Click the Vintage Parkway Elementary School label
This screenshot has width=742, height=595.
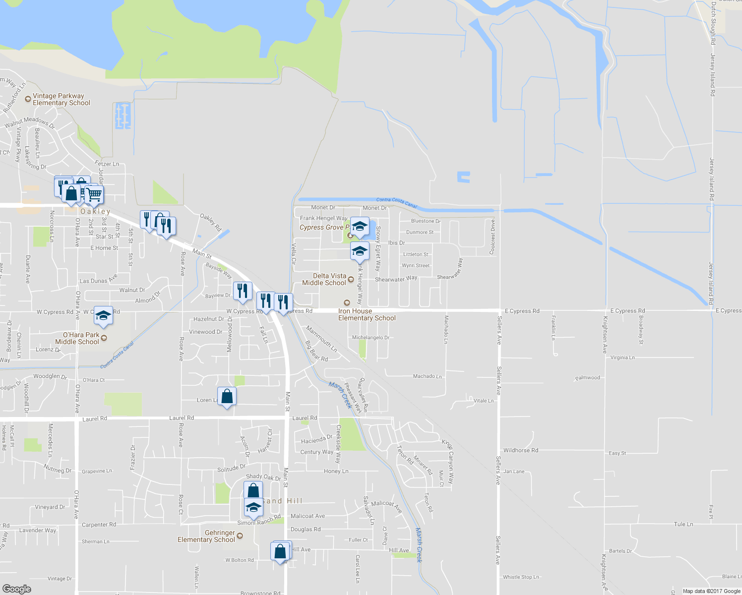62,100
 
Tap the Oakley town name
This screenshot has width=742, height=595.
95,212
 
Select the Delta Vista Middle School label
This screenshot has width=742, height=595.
324,280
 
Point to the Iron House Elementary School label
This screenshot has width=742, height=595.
367,315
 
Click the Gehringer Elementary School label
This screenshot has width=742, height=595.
206,536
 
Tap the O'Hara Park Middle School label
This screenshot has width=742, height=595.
77,339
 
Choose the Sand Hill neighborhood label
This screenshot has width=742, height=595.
282,501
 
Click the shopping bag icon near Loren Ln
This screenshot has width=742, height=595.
227,397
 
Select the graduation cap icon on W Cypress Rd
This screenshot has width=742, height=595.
103,316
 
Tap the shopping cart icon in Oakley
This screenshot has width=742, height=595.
94,194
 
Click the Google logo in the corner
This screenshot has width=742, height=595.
16,589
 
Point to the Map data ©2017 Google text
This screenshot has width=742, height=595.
711,591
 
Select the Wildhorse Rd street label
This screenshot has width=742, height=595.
520,450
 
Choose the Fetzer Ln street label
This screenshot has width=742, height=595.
107,164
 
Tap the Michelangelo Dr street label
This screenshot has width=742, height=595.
371,338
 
